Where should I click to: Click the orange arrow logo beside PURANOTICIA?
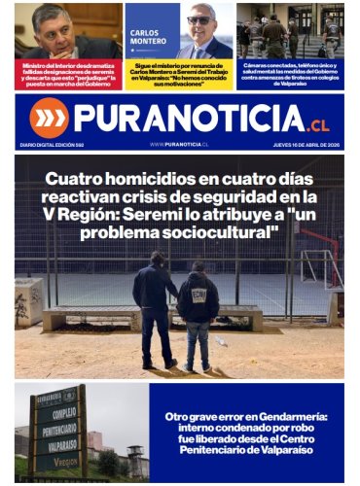pos(49,117)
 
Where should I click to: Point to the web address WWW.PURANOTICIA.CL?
pos(179,144)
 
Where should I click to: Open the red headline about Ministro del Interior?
pos(67,75)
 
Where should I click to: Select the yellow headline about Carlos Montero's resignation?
pos(179,75)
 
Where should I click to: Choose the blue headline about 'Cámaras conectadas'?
pos(290,75)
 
